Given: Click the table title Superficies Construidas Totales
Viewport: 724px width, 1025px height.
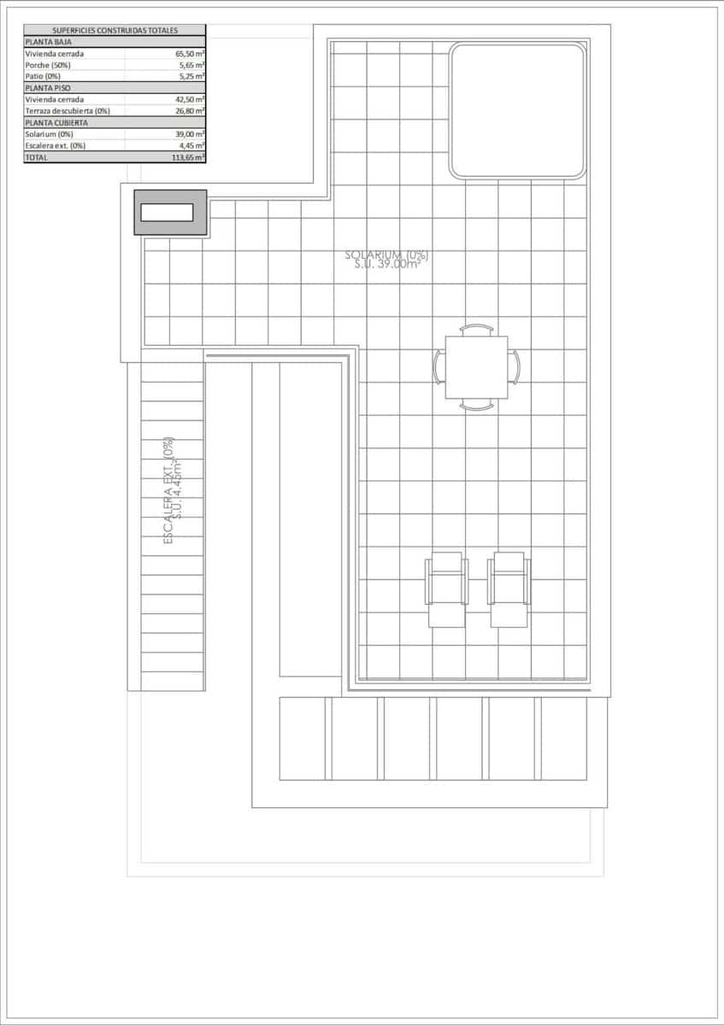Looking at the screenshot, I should coord(115,30).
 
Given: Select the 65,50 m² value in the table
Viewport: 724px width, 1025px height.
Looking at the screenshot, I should coord(189,53).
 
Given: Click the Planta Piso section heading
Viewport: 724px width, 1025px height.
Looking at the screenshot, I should coord(48,87).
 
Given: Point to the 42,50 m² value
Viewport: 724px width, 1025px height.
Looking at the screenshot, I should coord(189,99).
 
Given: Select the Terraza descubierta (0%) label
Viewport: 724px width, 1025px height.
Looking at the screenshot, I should coord(68,110).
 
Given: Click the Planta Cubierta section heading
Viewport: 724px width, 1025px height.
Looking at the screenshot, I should coord(56,122).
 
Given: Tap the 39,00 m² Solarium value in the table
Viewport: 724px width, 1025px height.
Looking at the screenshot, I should coord(189,134).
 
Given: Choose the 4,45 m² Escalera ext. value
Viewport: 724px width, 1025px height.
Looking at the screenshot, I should coord(191,145).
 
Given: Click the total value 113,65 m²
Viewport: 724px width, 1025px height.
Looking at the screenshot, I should coord(187,157).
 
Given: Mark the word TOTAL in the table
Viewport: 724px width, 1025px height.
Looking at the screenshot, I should coord(37,157).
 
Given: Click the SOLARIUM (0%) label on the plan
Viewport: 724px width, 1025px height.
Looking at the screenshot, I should coord(386,255).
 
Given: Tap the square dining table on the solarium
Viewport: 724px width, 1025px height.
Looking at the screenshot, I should coord(476,367).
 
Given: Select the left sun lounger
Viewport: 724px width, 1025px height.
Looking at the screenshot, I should coord(447,589).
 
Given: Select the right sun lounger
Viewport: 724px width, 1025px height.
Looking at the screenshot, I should coord(509,589).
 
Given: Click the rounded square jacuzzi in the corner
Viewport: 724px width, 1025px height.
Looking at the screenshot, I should coord(518,110).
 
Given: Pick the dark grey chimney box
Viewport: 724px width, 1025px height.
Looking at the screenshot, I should coord(170,213).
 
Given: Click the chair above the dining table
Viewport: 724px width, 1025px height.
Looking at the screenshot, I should coord(476,329).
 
